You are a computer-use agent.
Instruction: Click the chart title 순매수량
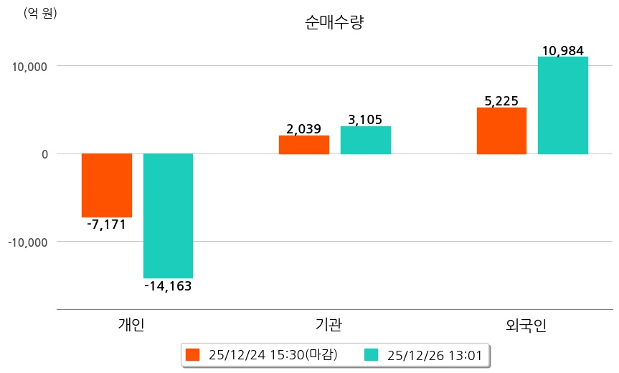(x=334, y=23)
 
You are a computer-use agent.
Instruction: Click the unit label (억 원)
(x=40, y=13)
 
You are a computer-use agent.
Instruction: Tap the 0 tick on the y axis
(x=44, y=154)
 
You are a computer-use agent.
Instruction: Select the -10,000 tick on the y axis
(x=28, y=242)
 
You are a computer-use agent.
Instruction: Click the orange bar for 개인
(x=107, y=185)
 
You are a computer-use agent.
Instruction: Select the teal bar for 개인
(x=168, y=215)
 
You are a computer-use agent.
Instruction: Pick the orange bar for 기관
(x=304, y=145)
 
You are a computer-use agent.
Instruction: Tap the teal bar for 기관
(x=366, y=141)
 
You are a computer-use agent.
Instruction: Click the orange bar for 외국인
(x=501, y=131)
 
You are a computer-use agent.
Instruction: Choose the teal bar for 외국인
(x=563, y=105)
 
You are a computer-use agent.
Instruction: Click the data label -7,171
(x=105, y=225)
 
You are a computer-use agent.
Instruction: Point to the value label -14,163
(x=168, y=286)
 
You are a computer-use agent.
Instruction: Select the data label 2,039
(x=303, y=129)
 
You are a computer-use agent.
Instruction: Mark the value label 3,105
(x=365, y=120)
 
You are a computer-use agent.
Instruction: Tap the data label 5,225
(x=501, y=101)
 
